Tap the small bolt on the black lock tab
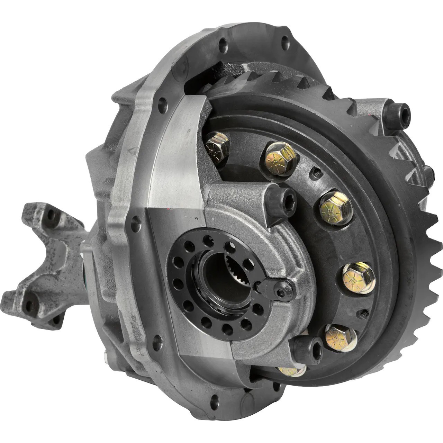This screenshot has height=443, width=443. [x=281, y=292]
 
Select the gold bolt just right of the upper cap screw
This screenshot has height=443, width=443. [x=335, y=208]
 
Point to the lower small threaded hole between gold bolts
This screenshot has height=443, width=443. [x=364, y=314]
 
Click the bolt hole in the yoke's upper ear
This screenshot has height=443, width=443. [x=51, y=215]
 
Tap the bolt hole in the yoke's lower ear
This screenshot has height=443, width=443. [x=30, y=305]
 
